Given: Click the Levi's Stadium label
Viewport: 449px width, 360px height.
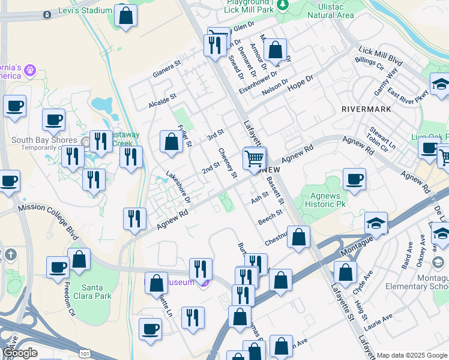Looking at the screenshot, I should [x=86, y=10].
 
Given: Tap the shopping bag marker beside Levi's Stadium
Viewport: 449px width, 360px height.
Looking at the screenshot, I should [x=126, y=16].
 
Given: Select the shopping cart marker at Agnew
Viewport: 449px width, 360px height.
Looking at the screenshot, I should [x=255, y=159].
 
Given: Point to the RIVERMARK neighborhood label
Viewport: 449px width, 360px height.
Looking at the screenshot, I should [x=366, y=109].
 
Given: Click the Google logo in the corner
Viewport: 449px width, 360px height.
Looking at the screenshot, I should [x=20, y=353].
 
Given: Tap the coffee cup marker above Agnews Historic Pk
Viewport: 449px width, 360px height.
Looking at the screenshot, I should [x=354, y=179].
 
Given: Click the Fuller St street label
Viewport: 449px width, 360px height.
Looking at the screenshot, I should [x=184, y=136].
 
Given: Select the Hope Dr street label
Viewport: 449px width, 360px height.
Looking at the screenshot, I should [x=301, y=83].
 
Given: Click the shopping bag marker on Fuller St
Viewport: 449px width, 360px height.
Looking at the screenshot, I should [x=171, y=143].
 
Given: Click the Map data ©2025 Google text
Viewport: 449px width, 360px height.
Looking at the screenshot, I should [x=412, y=355].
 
